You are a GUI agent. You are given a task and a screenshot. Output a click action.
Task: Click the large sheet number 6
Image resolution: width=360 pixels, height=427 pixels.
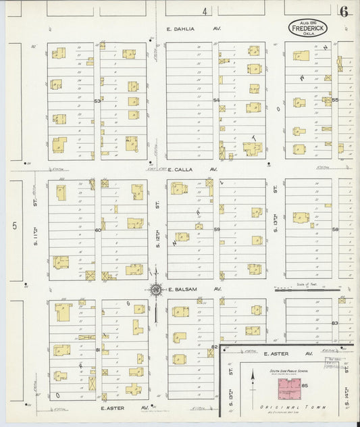pyautogui.click(x=344, y=11)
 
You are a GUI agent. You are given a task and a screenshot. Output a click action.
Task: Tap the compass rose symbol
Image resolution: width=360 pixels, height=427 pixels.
pyautogui.click(x=156, y=291)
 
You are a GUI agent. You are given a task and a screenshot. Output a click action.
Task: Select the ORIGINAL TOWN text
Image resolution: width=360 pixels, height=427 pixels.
pyautogui.click(x=283, y=409)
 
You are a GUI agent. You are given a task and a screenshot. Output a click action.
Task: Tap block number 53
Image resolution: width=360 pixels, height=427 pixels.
pyautogui.click(x=97, y=101)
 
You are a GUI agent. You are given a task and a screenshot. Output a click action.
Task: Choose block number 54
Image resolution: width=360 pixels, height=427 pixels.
pyautogui.click(x=217, y=101)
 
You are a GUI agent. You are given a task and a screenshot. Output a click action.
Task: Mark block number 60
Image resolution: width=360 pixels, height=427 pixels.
pyautogui.click(x=97, y=230)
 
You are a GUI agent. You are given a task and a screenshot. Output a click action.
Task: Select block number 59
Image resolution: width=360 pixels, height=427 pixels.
pyautogui.click(x=217, y=230)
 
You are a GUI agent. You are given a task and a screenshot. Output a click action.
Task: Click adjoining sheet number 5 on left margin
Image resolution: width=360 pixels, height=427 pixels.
pyautogui.click(x=13, y=226)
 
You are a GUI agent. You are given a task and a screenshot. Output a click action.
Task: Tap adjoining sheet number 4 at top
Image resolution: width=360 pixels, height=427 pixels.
pyautogui.click(x=202, y=11)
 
